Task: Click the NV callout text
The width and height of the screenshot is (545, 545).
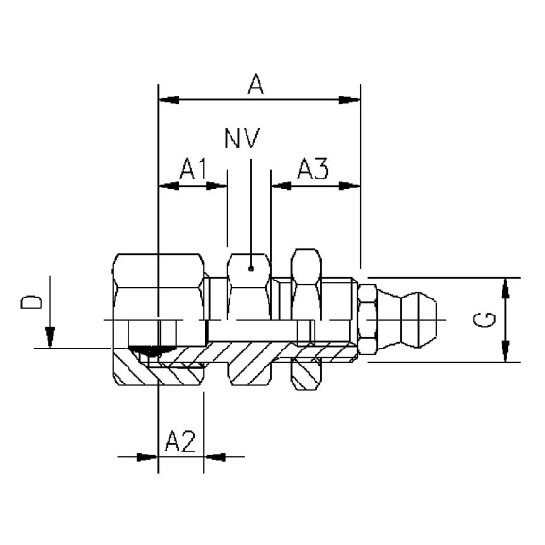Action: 245,141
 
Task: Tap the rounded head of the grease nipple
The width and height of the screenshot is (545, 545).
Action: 420,320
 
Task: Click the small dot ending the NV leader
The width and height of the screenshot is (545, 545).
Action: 250,269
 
